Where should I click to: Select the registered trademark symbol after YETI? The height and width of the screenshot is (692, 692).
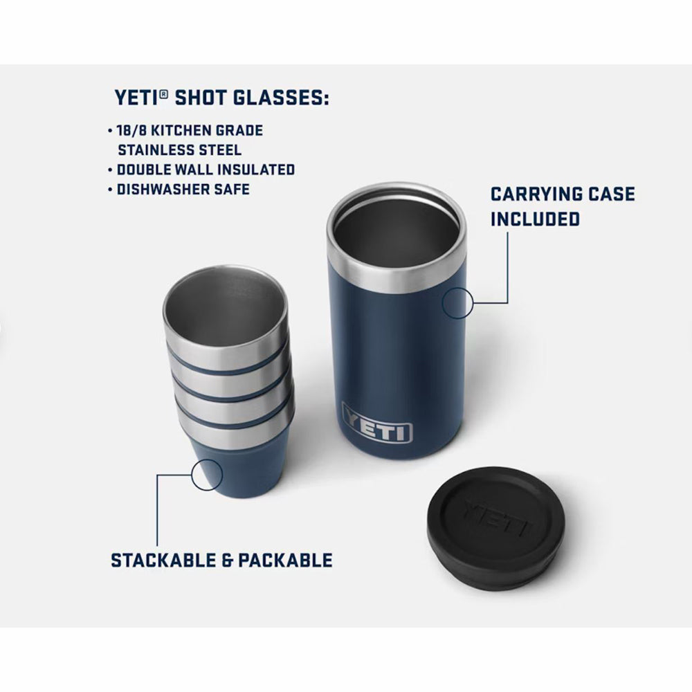164,93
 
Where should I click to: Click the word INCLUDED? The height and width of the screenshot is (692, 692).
535,219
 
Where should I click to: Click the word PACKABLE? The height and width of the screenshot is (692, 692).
285,561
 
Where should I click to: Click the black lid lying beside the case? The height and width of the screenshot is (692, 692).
495,528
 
